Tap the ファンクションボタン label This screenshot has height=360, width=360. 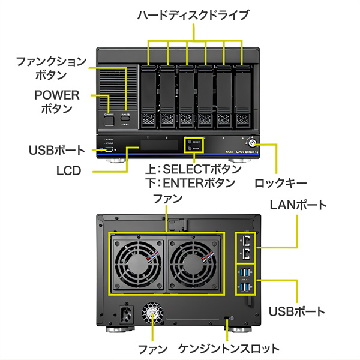pos(51,68)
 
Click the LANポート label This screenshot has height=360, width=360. pos(298,205)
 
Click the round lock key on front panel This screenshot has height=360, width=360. pos(251,144)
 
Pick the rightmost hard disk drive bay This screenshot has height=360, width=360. pos(242,96)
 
